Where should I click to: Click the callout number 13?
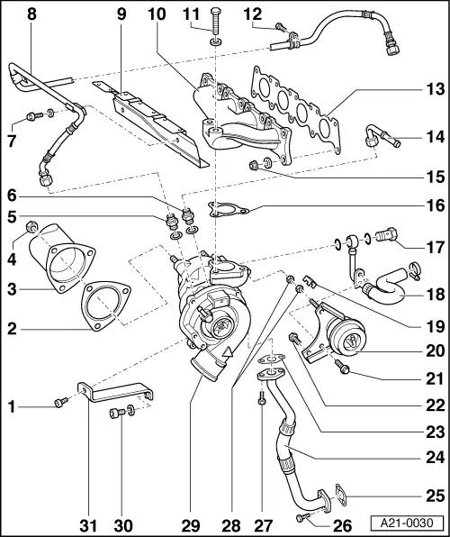pyautogui.click(x=435, y=90)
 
